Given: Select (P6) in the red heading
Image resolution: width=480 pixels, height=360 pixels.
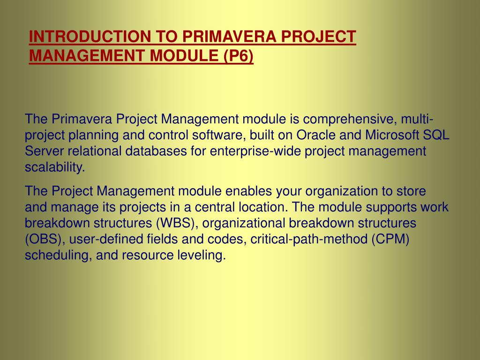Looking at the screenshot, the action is point(238,56).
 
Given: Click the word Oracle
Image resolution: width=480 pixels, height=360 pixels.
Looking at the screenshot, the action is point(316,135).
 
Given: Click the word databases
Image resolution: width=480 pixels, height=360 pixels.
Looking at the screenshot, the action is point(156,151).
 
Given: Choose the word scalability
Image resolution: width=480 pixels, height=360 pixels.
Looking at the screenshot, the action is point(54,167).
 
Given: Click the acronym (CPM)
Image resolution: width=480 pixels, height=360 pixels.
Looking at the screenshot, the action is point(390,239).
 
